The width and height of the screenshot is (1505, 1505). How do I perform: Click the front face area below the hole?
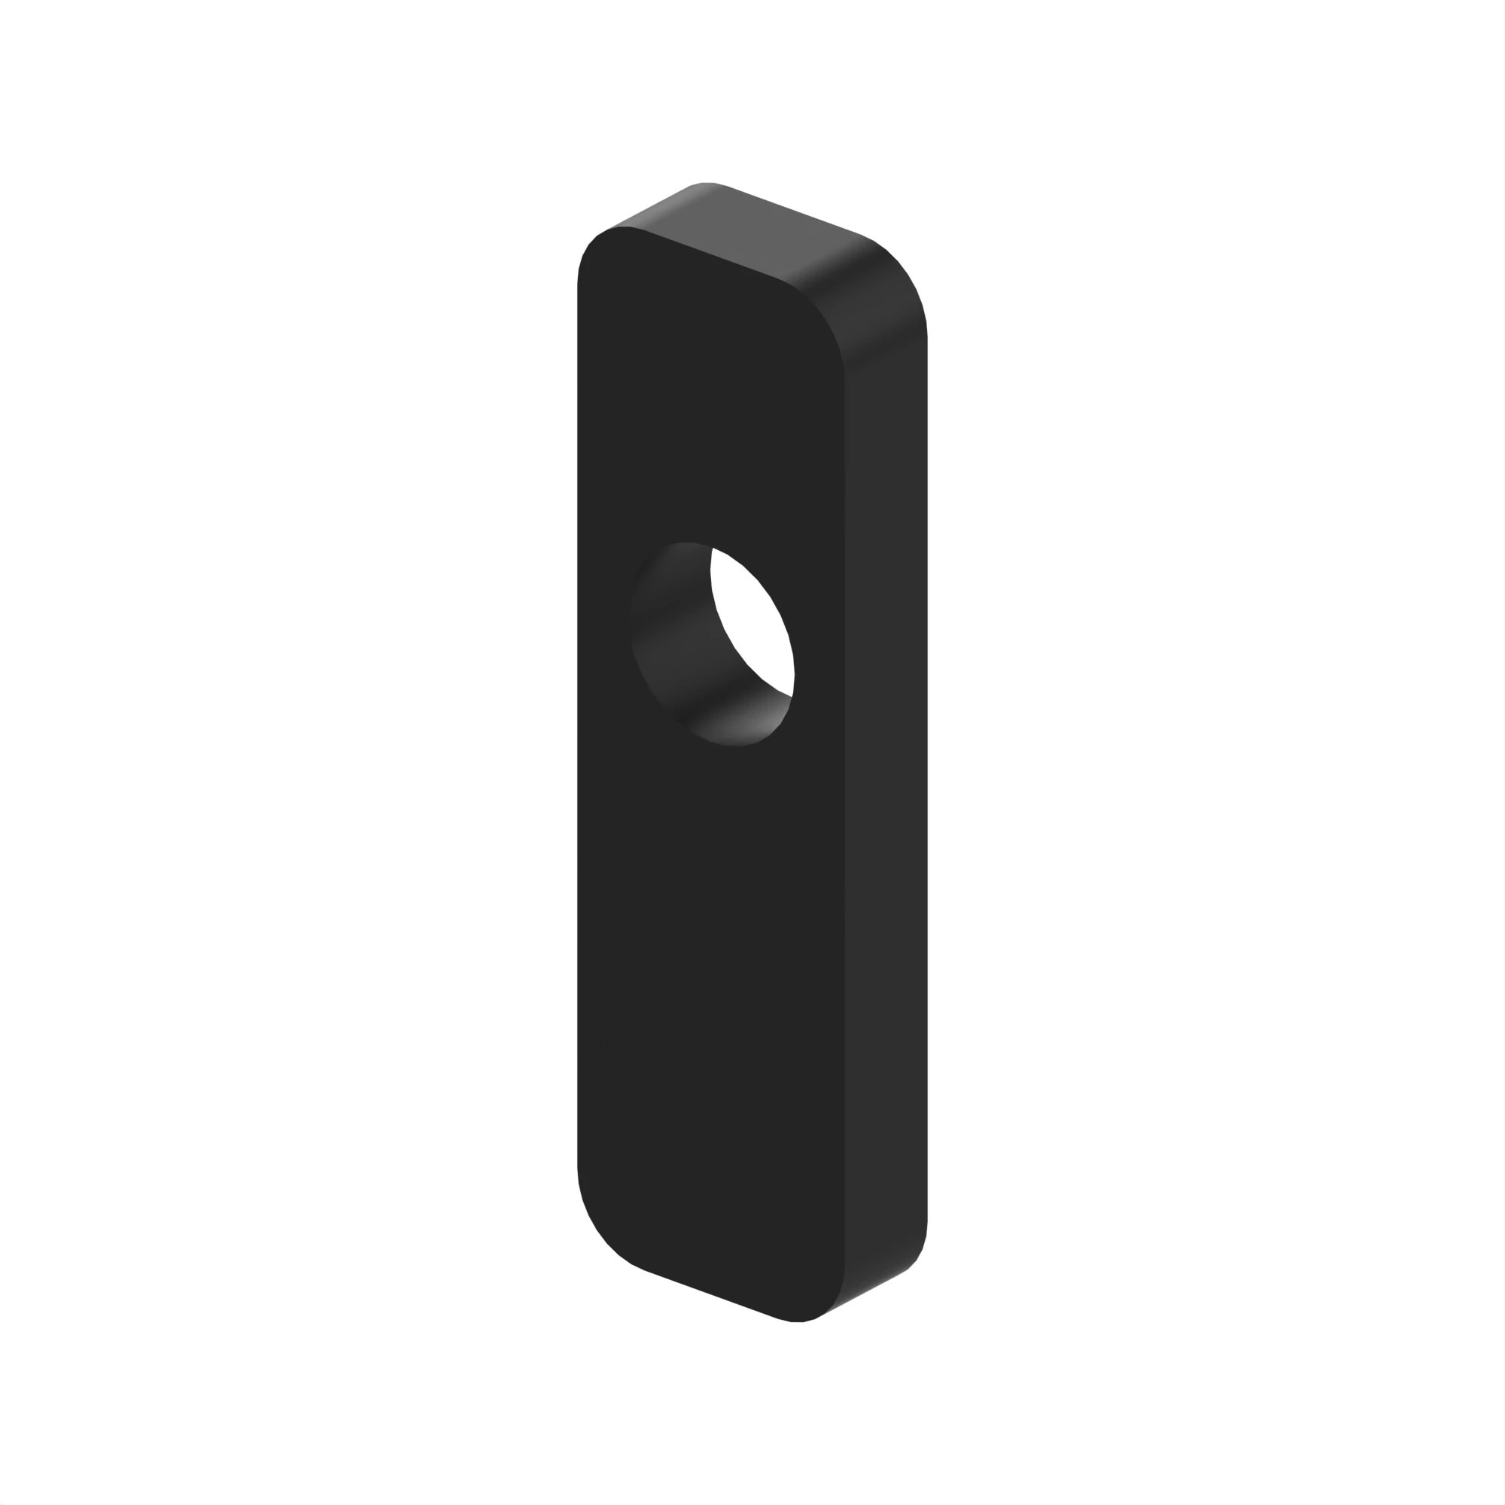pos(709,974)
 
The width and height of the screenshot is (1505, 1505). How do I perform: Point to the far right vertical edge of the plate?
pos(927,779)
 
